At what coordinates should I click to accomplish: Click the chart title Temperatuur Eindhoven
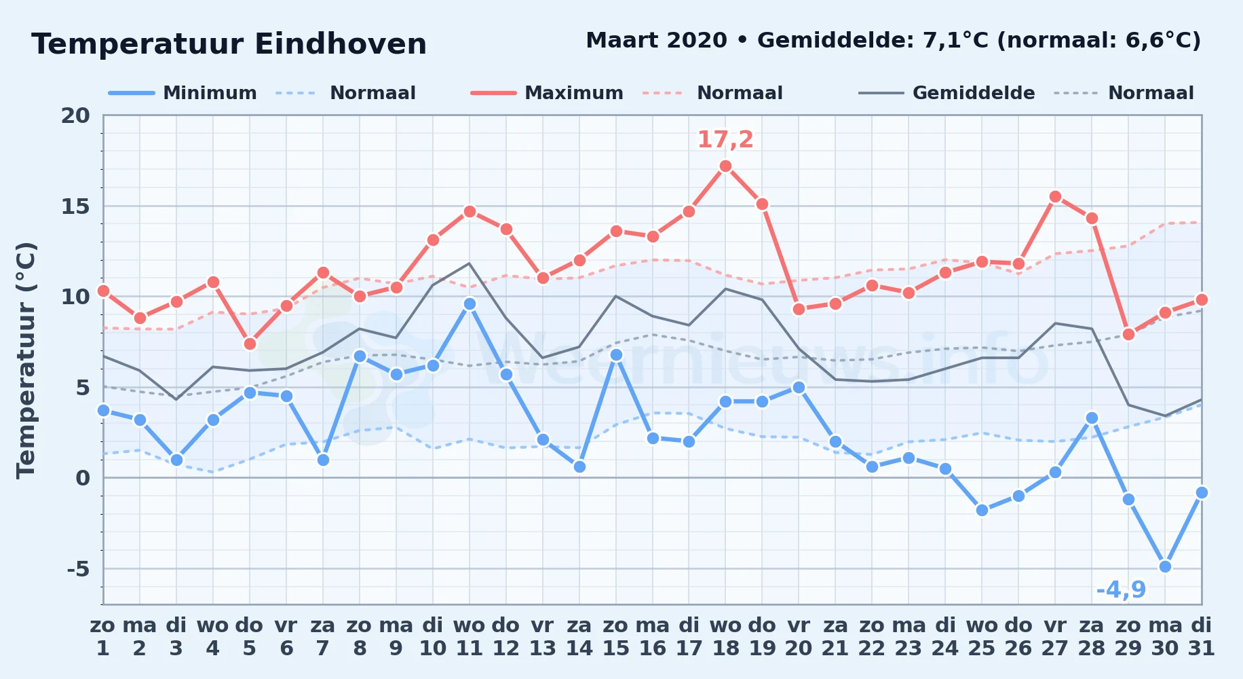click(x=229, y=44)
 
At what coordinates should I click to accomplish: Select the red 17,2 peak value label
click(x=725, y=139)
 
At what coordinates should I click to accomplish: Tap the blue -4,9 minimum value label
click(x=1121, y=589)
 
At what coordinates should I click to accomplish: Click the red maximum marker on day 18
click(x=725, y=166)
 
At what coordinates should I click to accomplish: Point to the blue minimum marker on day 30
click(x=1165, y=566)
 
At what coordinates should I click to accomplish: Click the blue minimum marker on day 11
click(x=470, y=304)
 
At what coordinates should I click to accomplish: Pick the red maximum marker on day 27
click(x=1055, y=197)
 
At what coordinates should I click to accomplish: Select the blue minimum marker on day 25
click(x=982, y=510)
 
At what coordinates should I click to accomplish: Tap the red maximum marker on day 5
click(x=250, y=344)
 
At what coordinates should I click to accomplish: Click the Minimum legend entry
click(x=183, y=93)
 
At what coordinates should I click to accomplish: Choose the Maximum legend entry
click(x=547, y=93)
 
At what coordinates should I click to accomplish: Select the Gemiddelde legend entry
click(x=946, y=93)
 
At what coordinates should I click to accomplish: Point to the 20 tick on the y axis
click(x=75, y=115)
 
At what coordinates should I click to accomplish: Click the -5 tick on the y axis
click(x=78, y=568)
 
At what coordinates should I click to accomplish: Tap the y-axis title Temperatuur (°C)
click(x=26, y=360)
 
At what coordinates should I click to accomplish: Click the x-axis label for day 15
click(x=616, y=637)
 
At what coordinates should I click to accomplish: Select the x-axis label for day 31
click(x=1202, y=637)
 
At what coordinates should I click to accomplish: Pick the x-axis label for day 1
click(x=103, y=637)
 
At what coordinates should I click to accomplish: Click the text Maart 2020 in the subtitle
click(x=656, y=41)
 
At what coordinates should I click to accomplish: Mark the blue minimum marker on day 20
click(x=799, y=387)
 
